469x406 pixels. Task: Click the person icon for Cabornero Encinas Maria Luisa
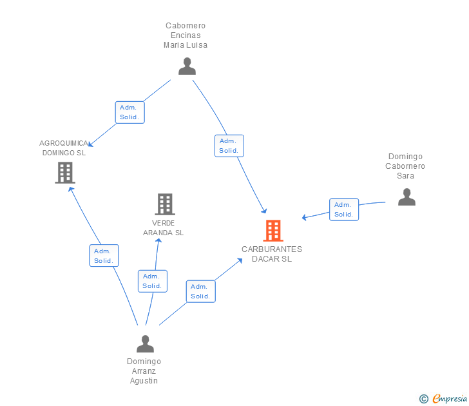coord(187,66)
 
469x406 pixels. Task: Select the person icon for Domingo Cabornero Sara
coord(407,197)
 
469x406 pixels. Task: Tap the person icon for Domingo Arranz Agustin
coord(145,344)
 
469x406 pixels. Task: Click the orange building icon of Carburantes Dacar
coord(273,230)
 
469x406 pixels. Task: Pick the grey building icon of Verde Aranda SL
coord(165,204)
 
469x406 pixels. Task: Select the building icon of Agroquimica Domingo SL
coord(65,172)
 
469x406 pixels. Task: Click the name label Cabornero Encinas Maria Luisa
coord(186,35)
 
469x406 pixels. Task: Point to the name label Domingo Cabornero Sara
coord(405,166)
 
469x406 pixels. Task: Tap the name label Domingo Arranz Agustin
coord(144,371)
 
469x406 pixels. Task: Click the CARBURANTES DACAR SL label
coord(272,254)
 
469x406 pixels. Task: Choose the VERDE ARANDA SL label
coord(163,227)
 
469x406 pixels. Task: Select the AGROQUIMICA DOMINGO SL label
coord(64,148)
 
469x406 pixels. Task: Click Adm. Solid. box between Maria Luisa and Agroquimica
coord(130,113)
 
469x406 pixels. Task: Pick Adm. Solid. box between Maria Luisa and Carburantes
coord(229,146)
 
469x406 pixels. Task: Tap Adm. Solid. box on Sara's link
coord(344,209)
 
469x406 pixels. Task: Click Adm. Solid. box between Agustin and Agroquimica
coord(104,256)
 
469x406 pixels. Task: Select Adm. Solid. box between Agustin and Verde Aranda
coord(152,281)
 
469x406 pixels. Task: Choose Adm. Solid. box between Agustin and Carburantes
coord(200,291)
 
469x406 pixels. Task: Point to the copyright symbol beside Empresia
coord(423,399)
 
